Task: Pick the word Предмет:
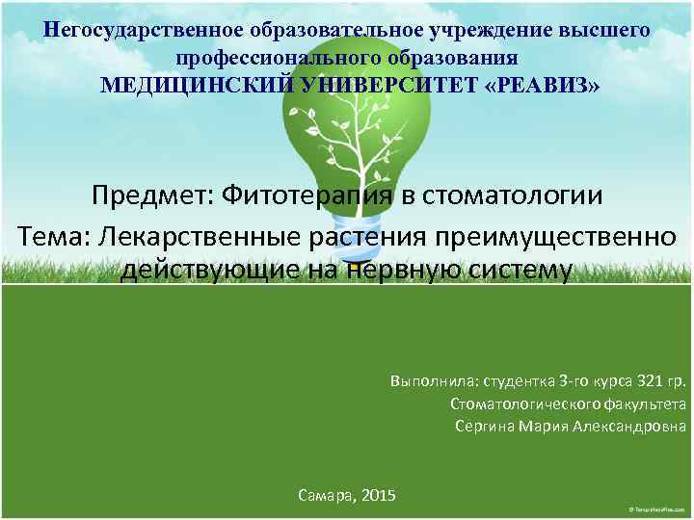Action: coord(151,195)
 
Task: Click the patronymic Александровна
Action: coord(630,426)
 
